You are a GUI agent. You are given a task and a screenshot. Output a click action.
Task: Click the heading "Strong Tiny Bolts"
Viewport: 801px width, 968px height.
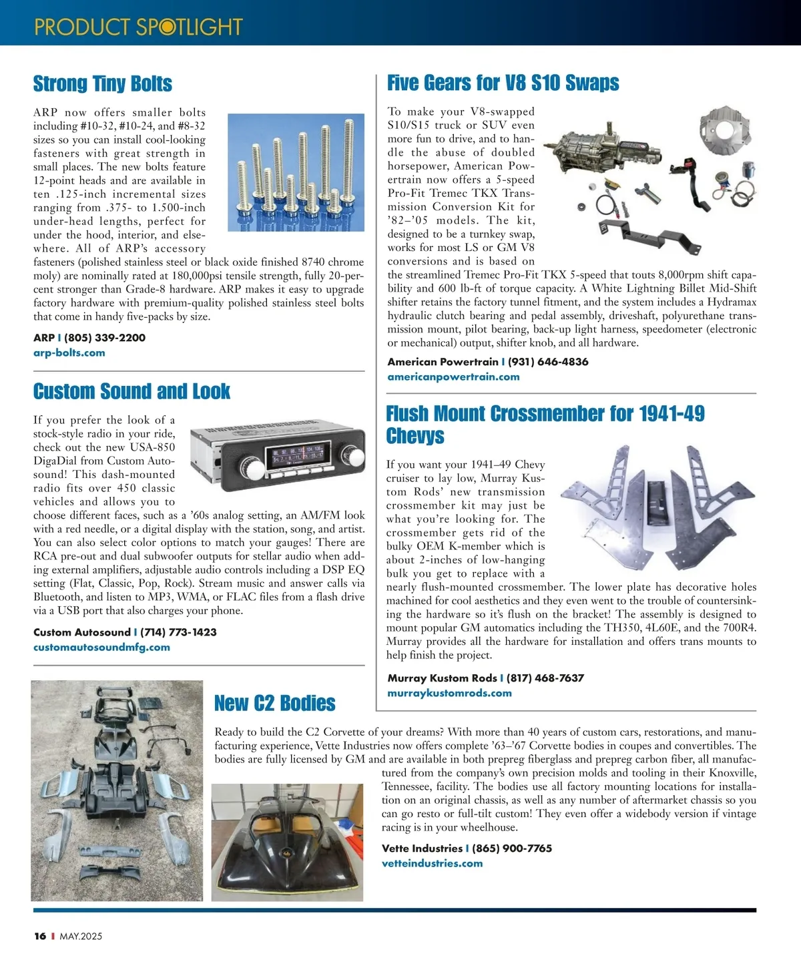coord(103,84)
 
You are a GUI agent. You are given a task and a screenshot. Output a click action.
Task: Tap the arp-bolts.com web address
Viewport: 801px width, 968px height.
coord(69,352)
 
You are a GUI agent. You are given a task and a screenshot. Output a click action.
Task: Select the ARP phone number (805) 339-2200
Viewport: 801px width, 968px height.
coord(105,338)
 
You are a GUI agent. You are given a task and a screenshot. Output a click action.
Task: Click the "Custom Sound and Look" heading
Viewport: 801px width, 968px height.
coord(131,391)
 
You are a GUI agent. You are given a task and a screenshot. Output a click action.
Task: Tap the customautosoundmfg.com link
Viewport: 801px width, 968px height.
coord(101,647)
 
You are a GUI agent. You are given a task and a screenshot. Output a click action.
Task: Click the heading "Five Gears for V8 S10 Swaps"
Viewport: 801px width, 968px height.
coord(503,83)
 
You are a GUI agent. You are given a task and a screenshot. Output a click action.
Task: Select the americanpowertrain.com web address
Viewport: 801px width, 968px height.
coord(453,377)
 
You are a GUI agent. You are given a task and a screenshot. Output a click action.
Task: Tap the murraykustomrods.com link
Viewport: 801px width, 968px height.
coord(449,693)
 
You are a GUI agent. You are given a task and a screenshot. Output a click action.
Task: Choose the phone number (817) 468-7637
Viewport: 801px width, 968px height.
coord(545,678)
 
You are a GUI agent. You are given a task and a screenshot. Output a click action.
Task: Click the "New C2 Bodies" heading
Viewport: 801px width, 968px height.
coord(274,704)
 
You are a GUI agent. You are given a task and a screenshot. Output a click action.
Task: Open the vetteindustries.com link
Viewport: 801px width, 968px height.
coord(432,863)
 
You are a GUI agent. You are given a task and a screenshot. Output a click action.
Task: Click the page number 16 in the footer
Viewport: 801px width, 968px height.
coord(40,936)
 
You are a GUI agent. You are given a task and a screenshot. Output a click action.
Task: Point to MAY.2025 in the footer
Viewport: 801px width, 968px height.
coord(81,936)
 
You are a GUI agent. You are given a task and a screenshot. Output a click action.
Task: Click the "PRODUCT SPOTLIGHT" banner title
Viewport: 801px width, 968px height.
coord(138,27)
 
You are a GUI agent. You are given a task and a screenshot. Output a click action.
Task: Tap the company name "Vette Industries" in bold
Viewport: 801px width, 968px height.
coord(422,849)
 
